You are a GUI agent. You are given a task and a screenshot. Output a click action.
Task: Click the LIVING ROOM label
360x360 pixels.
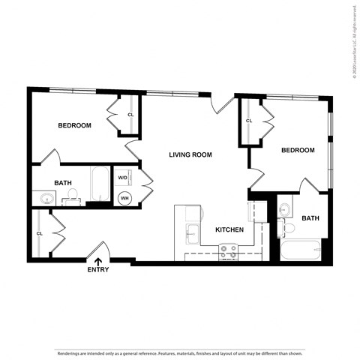click(190, 155)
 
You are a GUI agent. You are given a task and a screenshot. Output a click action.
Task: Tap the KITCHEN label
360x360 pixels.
click(229, 229)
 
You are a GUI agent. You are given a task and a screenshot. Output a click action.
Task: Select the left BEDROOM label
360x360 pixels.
click(75, 126)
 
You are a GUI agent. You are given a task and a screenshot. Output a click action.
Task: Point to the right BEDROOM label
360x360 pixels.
click(298, 151)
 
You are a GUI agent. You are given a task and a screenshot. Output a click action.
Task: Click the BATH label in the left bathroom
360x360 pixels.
click(63, 183)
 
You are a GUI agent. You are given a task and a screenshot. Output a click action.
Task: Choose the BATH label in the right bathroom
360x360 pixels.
click(310, 219)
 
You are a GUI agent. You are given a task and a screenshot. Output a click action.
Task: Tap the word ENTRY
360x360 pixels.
click(98, 270)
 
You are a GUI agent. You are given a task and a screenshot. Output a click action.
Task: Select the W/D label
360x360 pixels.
click(122, 178)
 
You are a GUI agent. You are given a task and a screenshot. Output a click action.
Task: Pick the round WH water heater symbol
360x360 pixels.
click(124, 198)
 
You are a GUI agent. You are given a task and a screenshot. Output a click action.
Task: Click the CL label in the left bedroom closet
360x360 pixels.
click(130, 115)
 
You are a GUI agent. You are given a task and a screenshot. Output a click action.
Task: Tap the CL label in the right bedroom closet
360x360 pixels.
click(249, 121)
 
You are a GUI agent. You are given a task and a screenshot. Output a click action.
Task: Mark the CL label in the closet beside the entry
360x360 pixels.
click(40, 233)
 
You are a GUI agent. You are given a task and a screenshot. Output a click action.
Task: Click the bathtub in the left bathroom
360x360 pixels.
click(100, 184)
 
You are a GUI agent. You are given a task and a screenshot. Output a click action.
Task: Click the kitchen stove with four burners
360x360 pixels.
click(228, 251)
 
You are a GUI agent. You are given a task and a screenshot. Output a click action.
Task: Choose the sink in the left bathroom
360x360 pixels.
click(46, 199)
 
